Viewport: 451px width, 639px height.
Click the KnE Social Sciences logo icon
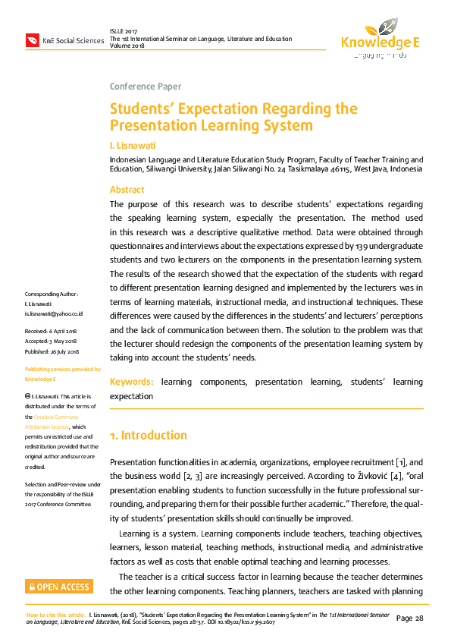(x=33, y=39)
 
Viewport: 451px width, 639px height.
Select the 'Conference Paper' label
(x=146, y=87)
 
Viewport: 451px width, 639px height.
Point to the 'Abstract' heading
(x=127, y=190)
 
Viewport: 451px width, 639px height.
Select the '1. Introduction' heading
(x=149, y=436)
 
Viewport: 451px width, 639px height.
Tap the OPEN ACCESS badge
(x=58, y=587)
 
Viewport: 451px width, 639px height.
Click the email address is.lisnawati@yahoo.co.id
(x=54, y=313)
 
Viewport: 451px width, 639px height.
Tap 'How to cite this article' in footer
(x=55, y=613)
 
